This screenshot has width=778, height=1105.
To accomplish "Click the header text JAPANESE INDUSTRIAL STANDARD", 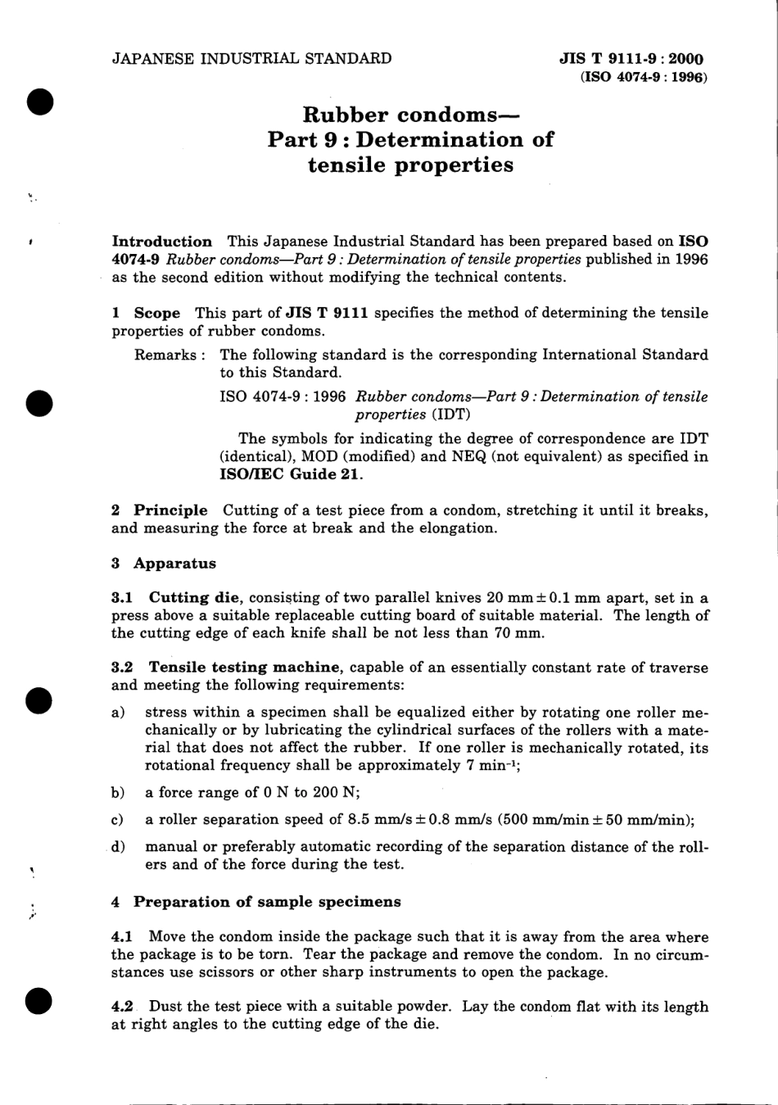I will pyautogui.click(x=251, y=58).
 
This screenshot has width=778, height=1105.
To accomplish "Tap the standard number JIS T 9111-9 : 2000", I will pyautogui.click(x=631, y=59).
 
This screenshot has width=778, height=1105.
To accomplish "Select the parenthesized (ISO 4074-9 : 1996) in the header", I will pyautogui.click(x=643, y=77).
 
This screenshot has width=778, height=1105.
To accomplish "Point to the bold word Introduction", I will pyautogui.click(x=161, y=242).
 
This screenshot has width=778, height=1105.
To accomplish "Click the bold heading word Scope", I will pyautogui.click(x=156, y=313).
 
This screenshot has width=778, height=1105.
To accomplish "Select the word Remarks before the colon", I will pyautogui.click(x=165, y=355).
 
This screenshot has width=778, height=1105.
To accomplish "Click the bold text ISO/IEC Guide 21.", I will pyautogui.click(x=291, y=474).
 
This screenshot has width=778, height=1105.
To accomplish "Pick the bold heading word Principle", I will pyautogui.click(x=170, y=510).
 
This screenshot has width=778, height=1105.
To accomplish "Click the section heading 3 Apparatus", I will pyautogui.click(x=164, y=564).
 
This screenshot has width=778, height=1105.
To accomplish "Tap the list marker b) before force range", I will pyautogui.click(x=117, y=792).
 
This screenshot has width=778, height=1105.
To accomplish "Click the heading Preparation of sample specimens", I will pyautogui.click(x=267, y=902).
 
